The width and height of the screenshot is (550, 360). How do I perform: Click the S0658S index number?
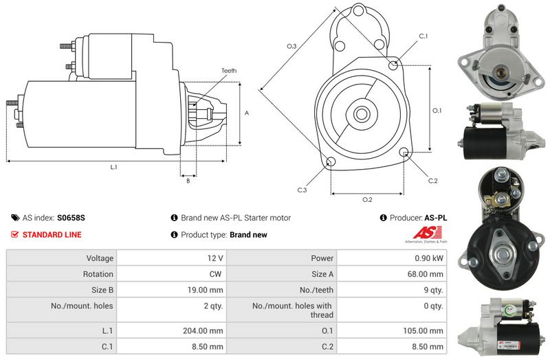tap(71, 218)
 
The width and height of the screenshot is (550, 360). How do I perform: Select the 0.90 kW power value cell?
tap(391, 258)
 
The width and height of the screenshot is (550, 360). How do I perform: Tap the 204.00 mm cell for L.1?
tap(171, 330)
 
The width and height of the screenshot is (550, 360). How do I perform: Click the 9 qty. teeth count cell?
tap(391, 290)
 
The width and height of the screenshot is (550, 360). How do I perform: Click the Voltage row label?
tap(100, 258)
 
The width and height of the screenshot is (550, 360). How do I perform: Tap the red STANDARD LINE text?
tap(52, 234)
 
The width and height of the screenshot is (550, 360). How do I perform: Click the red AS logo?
tap(427, 232)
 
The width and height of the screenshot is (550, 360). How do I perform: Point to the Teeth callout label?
tap(229, 71)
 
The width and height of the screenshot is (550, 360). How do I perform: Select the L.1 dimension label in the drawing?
tap(113, 167)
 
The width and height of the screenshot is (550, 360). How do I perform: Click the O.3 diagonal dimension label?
tap(291, 46)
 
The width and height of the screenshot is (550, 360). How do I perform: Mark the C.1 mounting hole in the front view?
tap(393, 65)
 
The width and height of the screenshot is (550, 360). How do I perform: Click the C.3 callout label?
tap(302, 190)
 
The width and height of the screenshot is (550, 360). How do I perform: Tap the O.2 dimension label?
tap(367, 199)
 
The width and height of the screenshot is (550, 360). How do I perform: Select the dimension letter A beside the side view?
tap(247, 113)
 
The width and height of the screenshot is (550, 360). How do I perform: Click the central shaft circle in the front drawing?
tap(360, 114)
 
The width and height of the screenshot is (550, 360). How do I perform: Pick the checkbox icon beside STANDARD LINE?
tap(14, 234)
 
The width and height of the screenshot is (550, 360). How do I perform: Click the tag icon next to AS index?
tap(15, 218)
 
